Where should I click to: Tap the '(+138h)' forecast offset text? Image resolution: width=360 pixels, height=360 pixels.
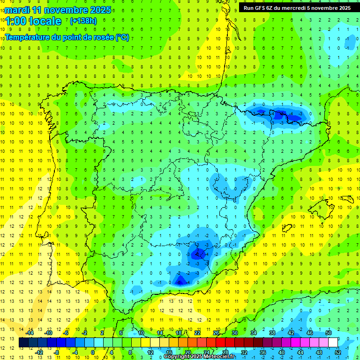83,21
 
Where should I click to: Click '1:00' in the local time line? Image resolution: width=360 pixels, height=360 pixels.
15,21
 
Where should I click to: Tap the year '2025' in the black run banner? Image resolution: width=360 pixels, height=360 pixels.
342,8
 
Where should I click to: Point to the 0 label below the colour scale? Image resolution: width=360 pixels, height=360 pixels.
94,352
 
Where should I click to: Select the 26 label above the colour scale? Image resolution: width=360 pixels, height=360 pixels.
216,333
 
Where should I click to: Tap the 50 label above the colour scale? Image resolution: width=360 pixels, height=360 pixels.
329,333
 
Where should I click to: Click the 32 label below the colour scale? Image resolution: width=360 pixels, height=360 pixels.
244,352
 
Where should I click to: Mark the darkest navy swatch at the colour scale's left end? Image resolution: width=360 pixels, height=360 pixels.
23,343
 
